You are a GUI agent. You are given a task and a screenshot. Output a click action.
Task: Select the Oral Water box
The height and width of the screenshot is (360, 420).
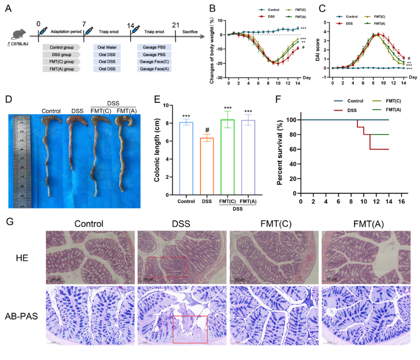point(101,47)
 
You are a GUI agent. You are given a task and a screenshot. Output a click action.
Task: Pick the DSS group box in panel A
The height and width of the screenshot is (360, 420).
point(61,55)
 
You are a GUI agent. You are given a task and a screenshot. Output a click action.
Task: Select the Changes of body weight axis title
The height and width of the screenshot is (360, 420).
point(212,49)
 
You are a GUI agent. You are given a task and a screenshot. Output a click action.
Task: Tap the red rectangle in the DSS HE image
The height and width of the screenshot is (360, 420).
point(167,267)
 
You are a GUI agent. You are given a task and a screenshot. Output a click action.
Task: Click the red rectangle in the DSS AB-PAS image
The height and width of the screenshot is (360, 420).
point(190,330)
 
